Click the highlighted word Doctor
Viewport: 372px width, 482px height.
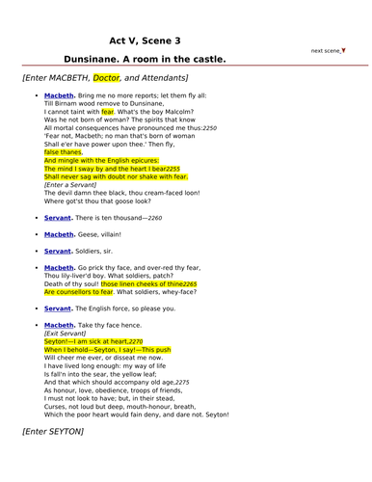click(x=109, y=77)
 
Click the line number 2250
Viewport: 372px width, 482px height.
click(x=209, y=126)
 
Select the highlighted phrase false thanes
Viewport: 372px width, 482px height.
click(x=64, y=152)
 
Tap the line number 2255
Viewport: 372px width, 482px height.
click(x=172, y=169)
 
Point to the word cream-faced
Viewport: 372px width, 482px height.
click(x=171, y=194)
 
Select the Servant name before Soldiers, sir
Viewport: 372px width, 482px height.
click(x=58, y=251)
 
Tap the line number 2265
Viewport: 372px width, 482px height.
click(x=189, y=285)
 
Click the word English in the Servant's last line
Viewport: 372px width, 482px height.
click(x=101, y=309)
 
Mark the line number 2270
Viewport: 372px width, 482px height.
click(x=135, y=342)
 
